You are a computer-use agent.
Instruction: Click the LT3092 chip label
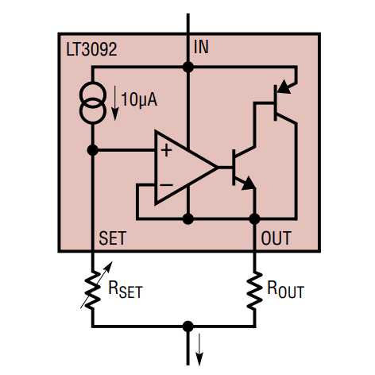click(91, 49)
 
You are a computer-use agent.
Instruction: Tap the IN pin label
click(201, 47)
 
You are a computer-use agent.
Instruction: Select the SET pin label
click(112, 238)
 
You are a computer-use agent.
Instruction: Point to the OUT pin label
click(276, 238)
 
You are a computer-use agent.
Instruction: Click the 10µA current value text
click(139, 100)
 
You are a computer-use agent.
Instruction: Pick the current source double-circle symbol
click(93, 102)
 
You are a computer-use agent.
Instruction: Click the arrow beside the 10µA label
click(114, 103)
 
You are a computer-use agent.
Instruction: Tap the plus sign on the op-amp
click(166, 150)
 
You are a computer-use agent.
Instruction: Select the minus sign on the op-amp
click(167, 185)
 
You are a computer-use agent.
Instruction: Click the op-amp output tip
click(217, 168)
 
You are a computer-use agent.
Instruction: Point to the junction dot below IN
click(188, 67)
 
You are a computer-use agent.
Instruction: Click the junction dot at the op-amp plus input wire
click(93, 150)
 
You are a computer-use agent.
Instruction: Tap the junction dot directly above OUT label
click(254, 219)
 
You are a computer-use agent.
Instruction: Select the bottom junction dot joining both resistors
click(188, 327)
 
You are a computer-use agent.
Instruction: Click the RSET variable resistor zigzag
click(93, 290)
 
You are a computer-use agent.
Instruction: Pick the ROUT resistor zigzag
click(254, 290)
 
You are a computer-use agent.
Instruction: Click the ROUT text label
click(285, 289)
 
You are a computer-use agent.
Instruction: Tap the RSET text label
click(126, 289)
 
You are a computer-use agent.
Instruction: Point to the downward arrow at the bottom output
click(199, 350)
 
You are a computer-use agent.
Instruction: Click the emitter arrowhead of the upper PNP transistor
click(284, 87)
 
